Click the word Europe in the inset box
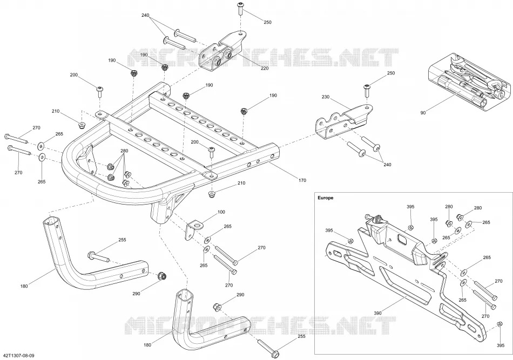(325, 198)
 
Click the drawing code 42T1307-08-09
(19, 355)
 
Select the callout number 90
(423, 113)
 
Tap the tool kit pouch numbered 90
(469, 79)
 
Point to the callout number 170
(302, 180)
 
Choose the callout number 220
(265, 69)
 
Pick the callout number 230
(326, 97)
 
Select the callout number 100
(221, 212)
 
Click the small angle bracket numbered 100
(193, 230)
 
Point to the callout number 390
(377, 313)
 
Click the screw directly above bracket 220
(241, 8)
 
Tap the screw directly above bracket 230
(367, 90)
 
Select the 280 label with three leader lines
(124, 151)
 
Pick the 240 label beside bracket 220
(145, 15)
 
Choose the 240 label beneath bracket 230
(387, 165)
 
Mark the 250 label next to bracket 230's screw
(391, 73)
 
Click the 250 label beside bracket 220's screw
(268, 22)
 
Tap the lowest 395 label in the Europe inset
(500, 345)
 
